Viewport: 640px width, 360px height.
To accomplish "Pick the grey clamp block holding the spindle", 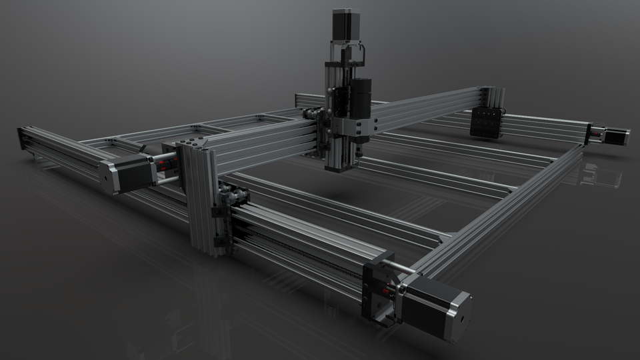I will click(353, 127).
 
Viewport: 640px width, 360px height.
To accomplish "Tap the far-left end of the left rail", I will click(23, 137).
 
